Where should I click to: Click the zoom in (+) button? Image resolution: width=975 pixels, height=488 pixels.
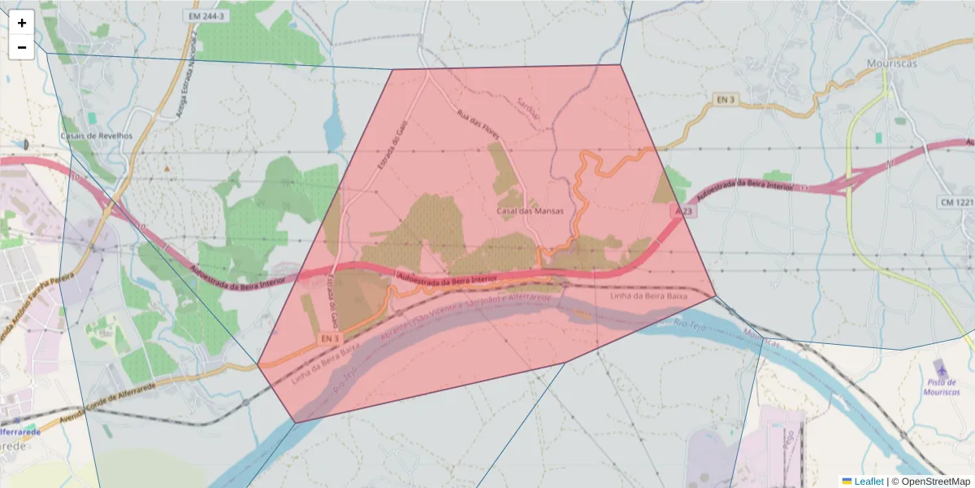coord(21,23)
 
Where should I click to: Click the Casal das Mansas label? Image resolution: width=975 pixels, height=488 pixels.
coord(530,211)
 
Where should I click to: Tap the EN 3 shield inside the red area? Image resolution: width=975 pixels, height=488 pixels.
coord(328,338)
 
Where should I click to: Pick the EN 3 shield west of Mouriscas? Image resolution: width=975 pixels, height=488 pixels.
coord(725,99)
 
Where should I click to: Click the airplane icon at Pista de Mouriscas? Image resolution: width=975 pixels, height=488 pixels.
coord(939,368)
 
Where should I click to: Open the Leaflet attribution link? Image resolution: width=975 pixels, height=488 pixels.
coord(869,481)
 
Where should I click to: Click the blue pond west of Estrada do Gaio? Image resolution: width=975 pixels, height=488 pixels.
coord(334,127)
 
